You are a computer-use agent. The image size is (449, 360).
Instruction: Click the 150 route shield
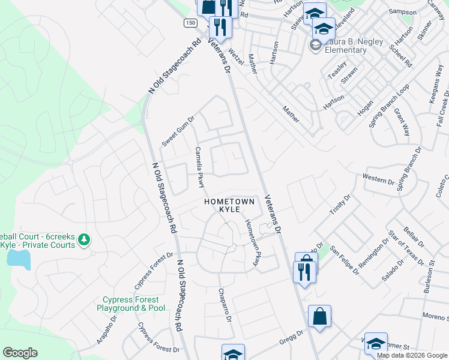coord(190,23)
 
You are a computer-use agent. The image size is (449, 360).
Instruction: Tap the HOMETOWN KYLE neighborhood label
coord(229,205)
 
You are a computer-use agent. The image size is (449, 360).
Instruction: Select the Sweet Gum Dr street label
coord(179,131)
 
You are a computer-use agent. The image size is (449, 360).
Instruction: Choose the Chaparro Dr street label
coord(224,306)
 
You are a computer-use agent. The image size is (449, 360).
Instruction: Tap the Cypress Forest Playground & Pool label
coord(131,304)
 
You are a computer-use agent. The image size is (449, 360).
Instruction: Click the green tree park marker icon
coord(85,240)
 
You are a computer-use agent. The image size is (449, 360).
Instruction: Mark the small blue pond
coord(18,259)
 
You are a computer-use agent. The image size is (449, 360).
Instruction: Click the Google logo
coord(20,353)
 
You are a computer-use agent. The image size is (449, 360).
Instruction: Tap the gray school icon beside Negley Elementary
coord(315,45)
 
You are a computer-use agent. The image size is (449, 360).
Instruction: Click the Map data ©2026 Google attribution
coord(412,355)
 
